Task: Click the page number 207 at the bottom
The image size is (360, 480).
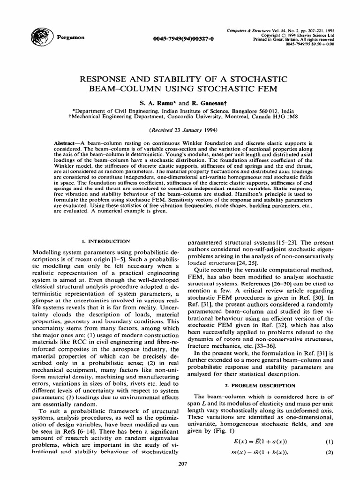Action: click(180, 464)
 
